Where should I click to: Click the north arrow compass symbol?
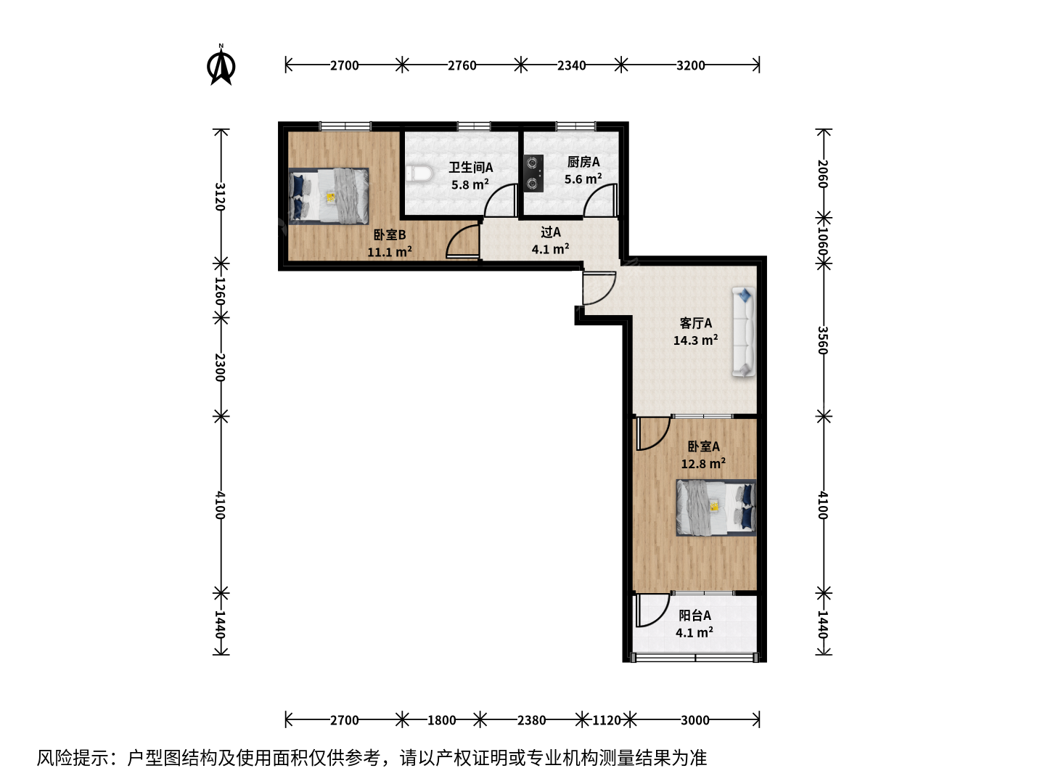pyautogui.click(x=221, y=65)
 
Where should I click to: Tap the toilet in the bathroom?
pyautogui.click(x=419, y=173)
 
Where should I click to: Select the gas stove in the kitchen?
pyautogui.click(x=533, y=173)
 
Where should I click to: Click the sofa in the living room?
pyautogui.click(x=744, y=332)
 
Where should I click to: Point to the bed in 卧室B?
pyautogui.click(x=329, y=196)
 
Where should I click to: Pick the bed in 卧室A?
pyautogui.click(x=716, y=507)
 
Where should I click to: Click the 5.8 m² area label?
pyautogui.click(x=470, y=184)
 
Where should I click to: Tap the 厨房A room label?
pyautogui.click(x=583, y=162)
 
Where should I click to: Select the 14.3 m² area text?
pyautogui.click(x=695, y=340)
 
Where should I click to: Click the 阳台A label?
pyautogui.click(x=694, y=616)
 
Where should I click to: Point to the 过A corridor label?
pyautogui.click(x=550, y=232)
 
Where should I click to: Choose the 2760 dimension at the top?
pyautogui.click(x=462, y=65)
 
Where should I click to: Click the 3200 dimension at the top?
pyautogui.click(x=690, y=65)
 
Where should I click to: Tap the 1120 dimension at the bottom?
pyautogui.click(x=606, y=720)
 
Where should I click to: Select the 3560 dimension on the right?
pyautogui.click(x=823, y=340)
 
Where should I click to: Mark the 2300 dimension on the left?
pyautogui.click(x=220, y=367)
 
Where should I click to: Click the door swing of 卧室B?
pyautogui.click(x=462, y=241)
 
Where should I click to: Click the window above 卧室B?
pyautogui.click(x=345, y=126)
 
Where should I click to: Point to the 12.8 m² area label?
pyautogui.click(x=703, y=463)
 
